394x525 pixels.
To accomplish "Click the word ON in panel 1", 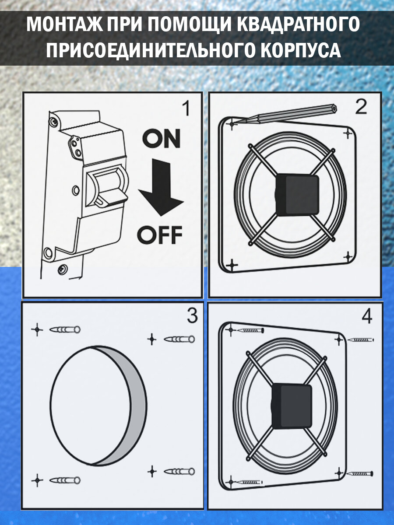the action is [x=161, y=138].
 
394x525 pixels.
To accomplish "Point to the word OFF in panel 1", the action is [x=159, y=235].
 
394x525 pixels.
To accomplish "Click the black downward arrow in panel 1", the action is [x=161, y=187].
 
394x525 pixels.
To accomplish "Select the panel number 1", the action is [x=186, y=108].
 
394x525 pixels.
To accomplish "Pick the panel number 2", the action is [x=361, y=107].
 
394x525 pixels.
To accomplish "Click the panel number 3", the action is [x=193, y=316].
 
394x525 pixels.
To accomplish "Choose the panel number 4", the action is [x=367, y=316].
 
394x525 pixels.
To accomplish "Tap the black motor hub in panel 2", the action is [x=297, y=195].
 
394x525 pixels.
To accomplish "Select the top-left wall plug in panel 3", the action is [x=65, y=329].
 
